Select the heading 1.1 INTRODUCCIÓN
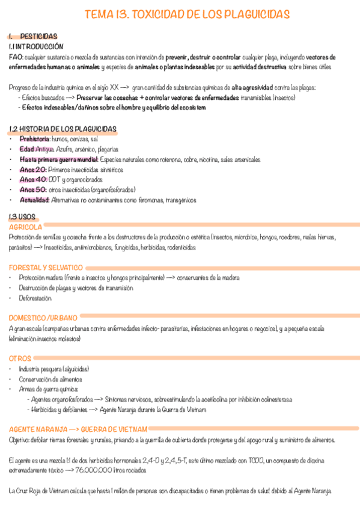pyautogui.click(x=36, y=46)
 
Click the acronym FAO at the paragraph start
pyautogui.click(x=16, y=57)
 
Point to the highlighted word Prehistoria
pyautogui.click(x=34, y=139)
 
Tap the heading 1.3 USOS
pyautogui.click(x=22, y=217)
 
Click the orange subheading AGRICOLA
pyautogui.click(x=25, y=227)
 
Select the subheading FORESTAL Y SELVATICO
pyautogui.click(x=46, y=267)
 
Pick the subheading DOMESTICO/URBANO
pyautogui.click(x=43, y=317)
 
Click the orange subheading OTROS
pyautogui.click(x=20, y=358)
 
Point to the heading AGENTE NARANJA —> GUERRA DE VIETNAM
pyautogui.click(x=78, y=429)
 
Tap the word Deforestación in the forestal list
pyautogui.click(x=35, y=298)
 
